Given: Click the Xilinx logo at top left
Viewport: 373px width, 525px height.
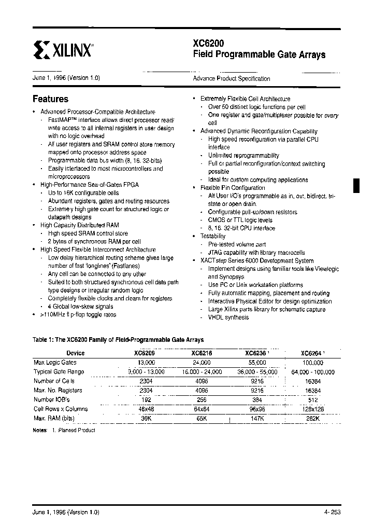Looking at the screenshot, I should point(63,50).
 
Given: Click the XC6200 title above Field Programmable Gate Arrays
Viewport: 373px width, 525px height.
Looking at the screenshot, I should point(208,44).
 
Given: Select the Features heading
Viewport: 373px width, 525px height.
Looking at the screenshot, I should point(50,99).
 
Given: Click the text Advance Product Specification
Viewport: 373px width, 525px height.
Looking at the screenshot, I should point(232,79).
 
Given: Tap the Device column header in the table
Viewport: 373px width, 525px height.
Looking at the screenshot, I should point(76,353).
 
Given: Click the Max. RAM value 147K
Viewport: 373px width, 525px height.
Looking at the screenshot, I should point(257,418).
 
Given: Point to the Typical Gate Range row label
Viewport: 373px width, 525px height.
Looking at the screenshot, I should point(59,372).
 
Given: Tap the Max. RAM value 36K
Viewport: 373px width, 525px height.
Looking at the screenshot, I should point(146,418).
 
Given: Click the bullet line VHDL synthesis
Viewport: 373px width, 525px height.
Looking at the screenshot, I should point(228,317).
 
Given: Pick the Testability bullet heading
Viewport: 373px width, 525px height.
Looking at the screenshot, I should point(213,236).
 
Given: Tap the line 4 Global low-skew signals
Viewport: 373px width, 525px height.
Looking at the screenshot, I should point(80,307).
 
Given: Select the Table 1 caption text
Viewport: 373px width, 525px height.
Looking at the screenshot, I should point(118,340).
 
